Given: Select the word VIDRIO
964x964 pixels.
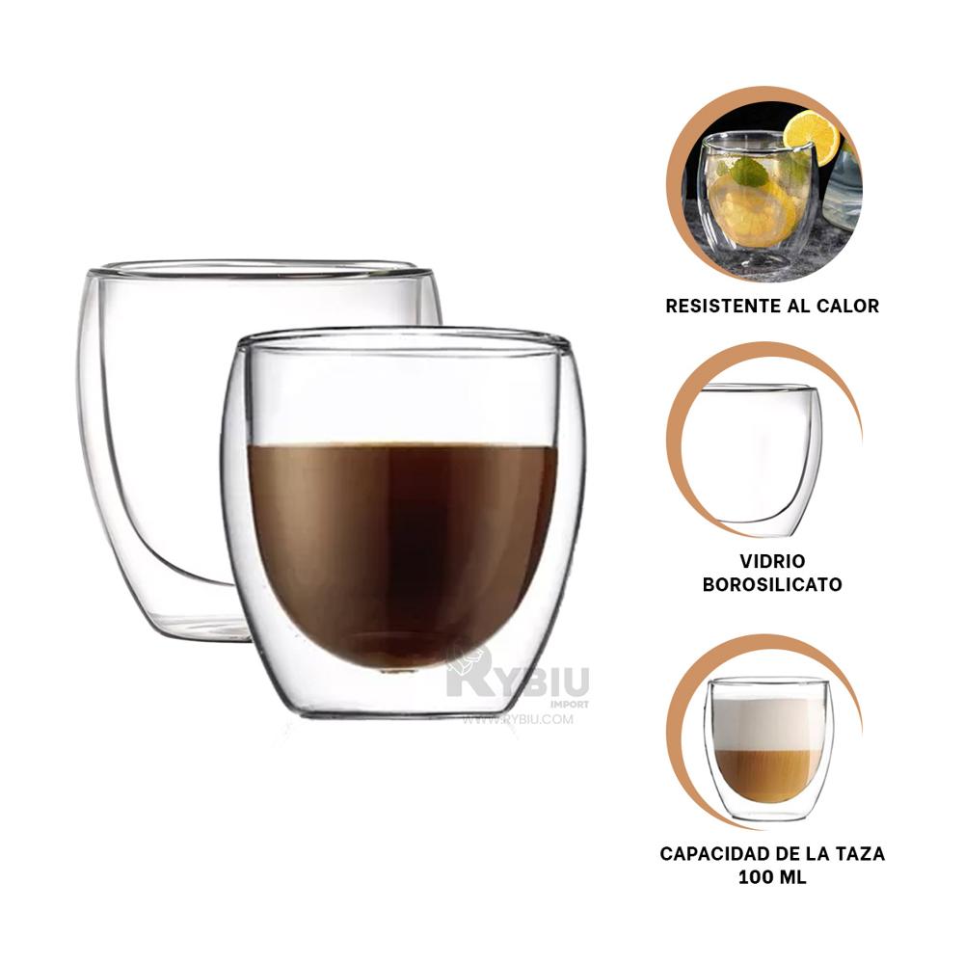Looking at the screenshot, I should click(x=773, y=561).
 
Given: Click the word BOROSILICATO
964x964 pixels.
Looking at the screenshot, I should click(x=773, y=584).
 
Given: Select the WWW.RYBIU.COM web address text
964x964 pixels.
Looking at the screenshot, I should click(x=518, y=719).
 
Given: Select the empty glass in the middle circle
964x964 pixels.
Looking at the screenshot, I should click(x=762, y=453).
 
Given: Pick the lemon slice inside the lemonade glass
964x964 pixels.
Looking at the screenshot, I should click(x=752, y=212).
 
